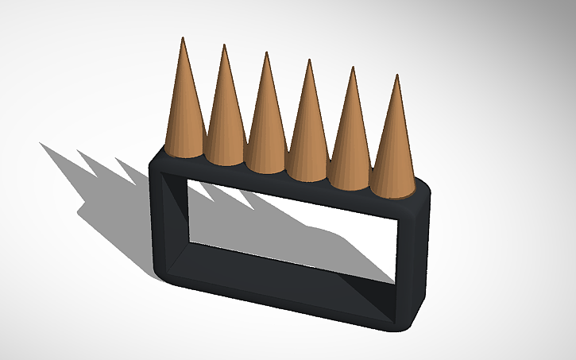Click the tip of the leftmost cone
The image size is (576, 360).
(x=184, y=37)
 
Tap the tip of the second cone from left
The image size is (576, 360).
(x=224, y=45)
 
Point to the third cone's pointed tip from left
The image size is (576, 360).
(x=266, y=53)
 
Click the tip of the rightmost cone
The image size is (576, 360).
(x=396, y=75)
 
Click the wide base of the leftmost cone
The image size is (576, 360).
(x=185, y=149)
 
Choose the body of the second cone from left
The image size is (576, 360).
(x=224, y=111)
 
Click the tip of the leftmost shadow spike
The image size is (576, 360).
(x=40, y=143)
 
